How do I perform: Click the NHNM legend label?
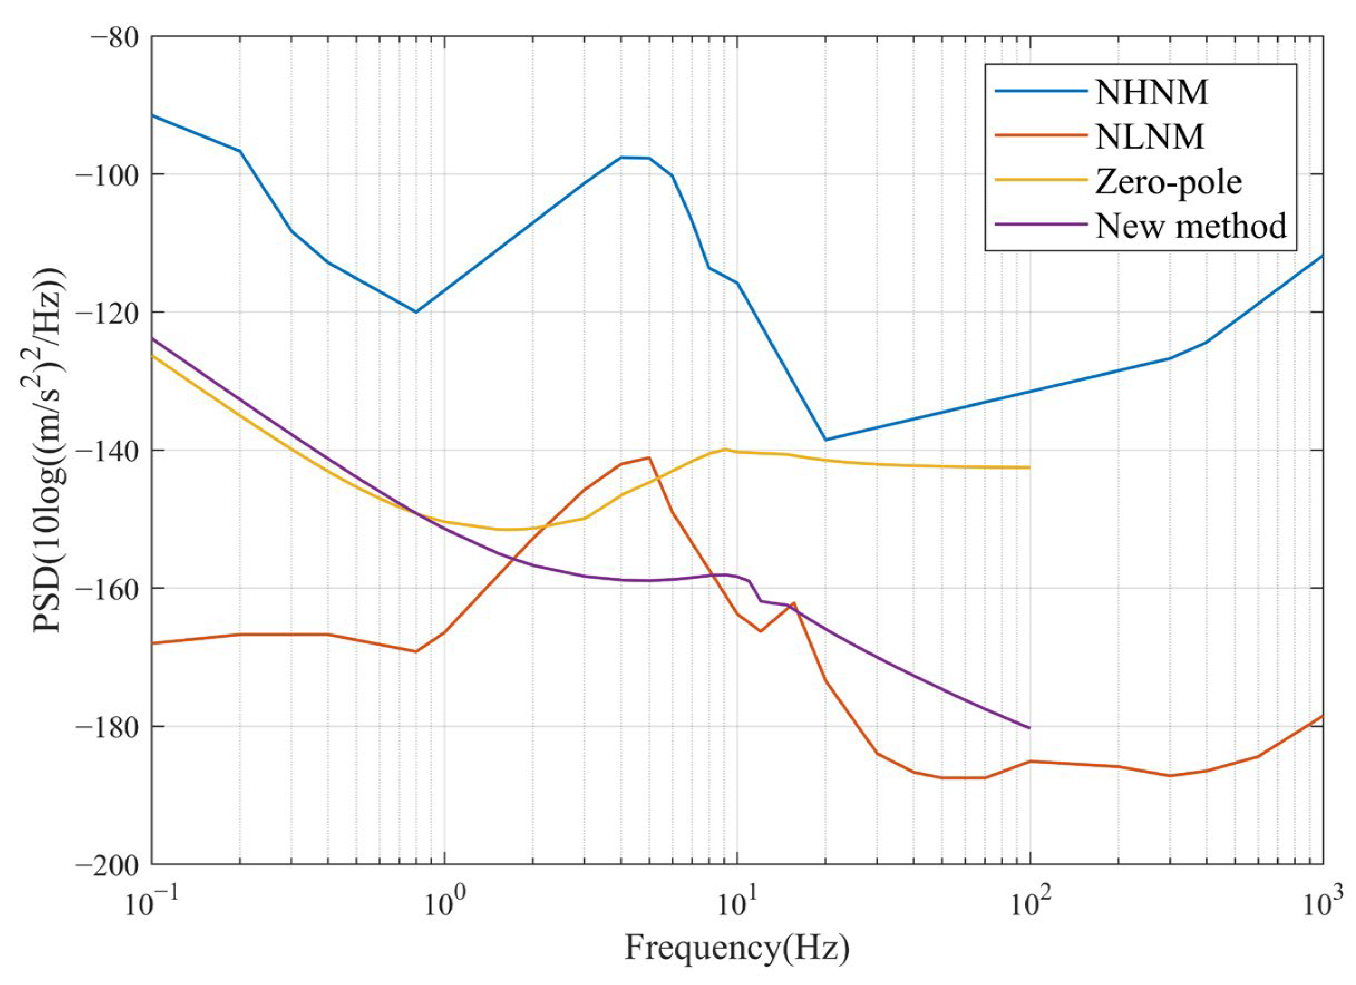(x=1151, y=92)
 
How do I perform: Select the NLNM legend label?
(x=1149, y=138)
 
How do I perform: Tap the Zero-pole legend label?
(x=1168, y=182)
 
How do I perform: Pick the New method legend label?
(x=1190, y=226)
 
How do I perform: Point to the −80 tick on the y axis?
(x=113, y=37)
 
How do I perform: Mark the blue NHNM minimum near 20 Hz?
(x=825, y=440)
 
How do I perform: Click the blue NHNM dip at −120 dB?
(x=416, y=312)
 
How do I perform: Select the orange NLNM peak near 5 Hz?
(x=649, y=458)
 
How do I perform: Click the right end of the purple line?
(x=1029, y=728)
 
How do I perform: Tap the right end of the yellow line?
(x=1029, y=467)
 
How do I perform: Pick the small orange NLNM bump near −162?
(x=794, y=602)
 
